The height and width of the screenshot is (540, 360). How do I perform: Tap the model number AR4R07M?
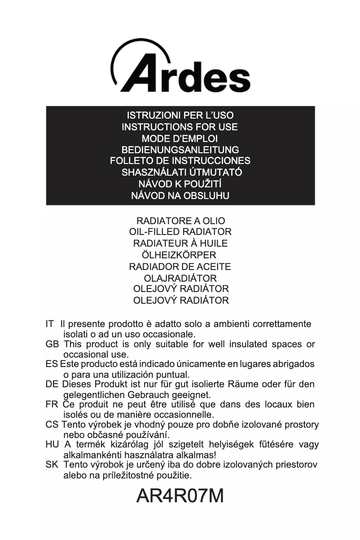click(180, 496)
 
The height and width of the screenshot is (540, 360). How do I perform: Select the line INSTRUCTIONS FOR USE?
click(180, 127)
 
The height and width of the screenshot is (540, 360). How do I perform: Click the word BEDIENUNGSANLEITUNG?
click(180, 150)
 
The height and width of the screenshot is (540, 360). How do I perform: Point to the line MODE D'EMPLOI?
click(180, 138)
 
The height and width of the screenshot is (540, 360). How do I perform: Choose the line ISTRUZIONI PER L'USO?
click(180, 115)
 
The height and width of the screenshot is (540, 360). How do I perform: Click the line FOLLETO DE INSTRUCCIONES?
click(180, 161)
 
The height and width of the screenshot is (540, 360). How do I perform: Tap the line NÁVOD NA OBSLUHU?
click(180, 196)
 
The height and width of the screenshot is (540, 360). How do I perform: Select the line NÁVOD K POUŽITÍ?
click(180, 184)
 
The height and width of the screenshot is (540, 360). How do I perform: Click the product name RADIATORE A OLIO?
click(180, 221)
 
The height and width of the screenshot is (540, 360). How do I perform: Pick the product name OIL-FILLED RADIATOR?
click(180, 232)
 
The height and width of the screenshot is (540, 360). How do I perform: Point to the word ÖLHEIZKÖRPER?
click(180, 255)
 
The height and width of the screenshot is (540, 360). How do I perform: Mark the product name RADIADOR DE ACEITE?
click(180, 267)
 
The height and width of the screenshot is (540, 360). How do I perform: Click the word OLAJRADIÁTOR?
click(180, 279)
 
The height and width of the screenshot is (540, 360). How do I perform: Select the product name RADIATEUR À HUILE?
click(180, 243)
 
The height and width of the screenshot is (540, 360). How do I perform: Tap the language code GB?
click(52, 345)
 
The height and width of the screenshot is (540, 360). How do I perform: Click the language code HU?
click(52, 445)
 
